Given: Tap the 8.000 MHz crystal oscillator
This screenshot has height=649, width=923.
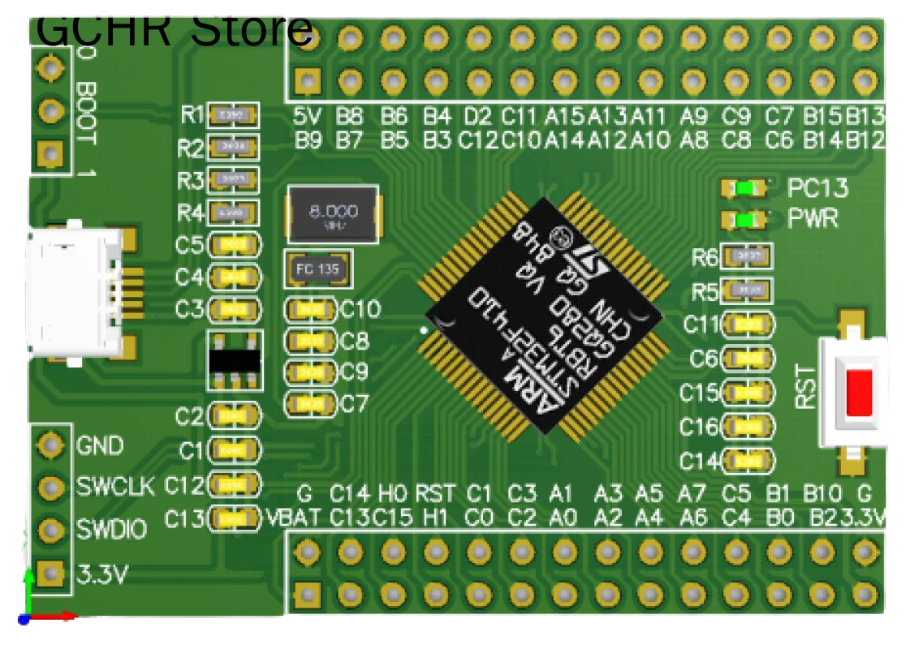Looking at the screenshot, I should (x=333, y=214).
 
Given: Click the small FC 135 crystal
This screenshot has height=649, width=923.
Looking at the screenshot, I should (x=318, y=269).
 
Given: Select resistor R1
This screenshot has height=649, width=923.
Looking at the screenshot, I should (x=233, y=116).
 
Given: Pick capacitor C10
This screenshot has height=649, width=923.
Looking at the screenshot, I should (x=309, y=309).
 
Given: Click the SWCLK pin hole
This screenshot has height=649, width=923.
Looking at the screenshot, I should (x=51, y=488).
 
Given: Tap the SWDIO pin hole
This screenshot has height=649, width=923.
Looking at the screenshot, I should (x=51, y=530).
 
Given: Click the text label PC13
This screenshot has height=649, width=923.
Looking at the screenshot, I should (x=817, y=188).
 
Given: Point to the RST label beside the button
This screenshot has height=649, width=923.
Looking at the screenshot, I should (x=805, y=387).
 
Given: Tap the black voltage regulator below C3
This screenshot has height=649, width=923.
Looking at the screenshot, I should (x=235, y=360).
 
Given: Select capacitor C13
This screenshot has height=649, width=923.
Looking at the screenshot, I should (x=235, y=517).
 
